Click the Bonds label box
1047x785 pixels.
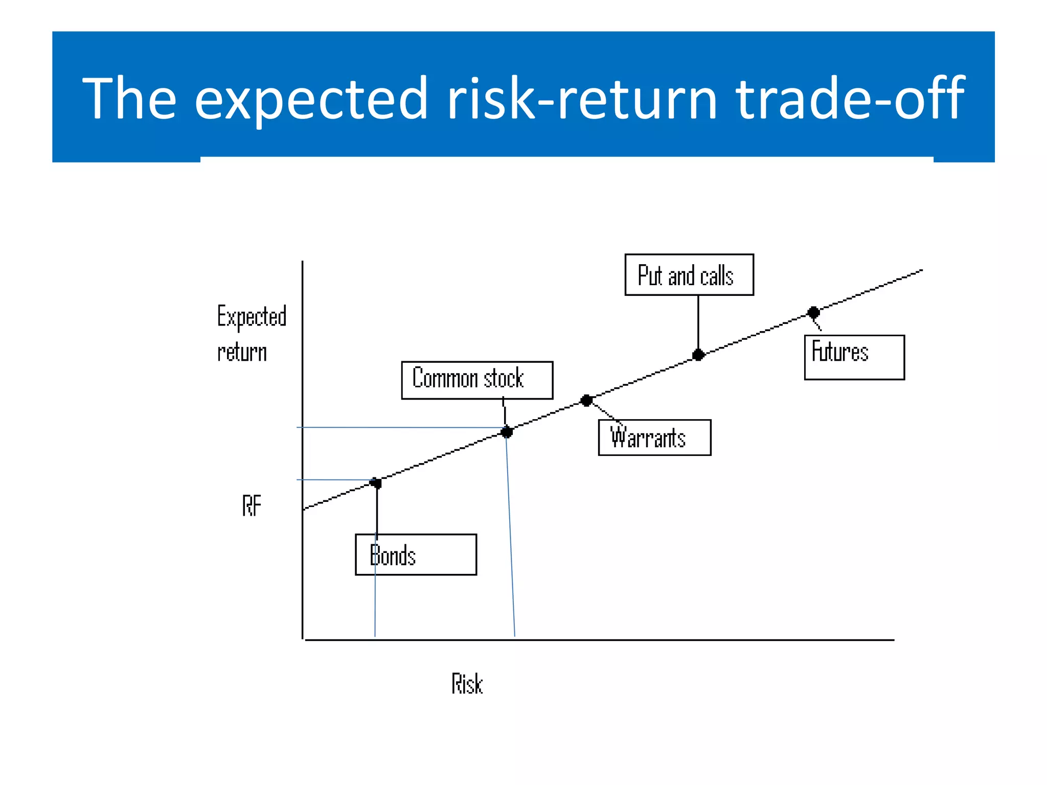tap(416, 555)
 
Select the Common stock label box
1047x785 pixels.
tap(476, 380)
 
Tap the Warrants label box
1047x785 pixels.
tap(654, 437)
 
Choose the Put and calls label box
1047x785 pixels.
tap(689, 275)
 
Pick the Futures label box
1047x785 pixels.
tap(854, 357)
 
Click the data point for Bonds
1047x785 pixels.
tap(376, 483)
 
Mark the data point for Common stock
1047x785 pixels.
tap(507, 432)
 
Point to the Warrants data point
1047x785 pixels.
tap(586, 401)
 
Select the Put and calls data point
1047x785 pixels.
tap(698, 355)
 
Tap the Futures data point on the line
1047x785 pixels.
tap(813, 312)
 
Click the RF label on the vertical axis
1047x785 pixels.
tap(252, 506)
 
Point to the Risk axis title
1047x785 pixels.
tap(467, 684)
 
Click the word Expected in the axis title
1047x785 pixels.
tap(252, 316)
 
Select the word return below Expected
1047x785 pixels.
tap(242, 353)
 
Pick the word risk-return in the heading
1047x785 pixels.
tap(582, 98)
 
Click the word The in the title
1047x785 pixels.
tap(129, 98)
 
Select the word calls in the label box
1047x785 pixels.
tap(717, 276)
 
